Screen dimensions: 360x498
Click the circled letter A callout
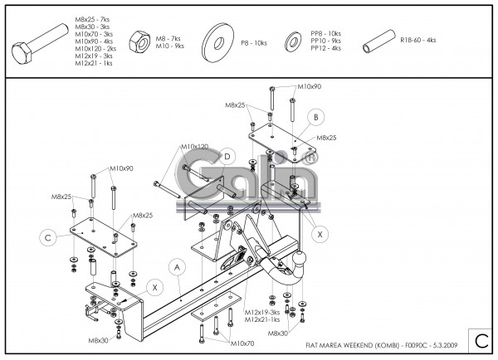[176, 266]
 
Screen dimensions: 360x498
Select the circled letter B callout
[316, 117]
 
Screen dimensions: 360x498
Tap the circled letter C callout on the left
[48, 238]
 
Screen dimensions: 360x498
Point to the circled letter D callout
[225, 157]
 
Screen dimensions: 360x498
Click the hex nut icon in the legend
[139, 42]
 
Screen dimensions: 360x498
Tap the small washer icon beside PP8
[293, 41]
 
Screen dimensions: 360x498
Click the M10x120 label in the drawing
[195, 147]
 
